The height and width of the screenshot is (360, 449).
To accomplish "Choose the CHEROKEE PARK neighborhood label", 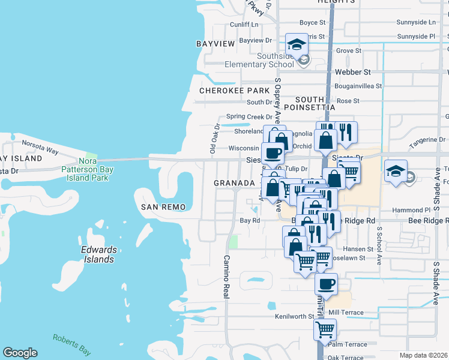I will point(235,91).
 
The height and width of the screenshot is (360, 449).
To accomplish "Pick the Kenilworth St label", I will point(295,316).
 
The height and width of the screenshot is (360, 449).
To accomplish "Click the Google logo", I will point(20,353).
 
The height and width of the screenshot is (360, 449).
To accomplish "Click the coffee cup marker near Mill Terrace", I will point(326,284).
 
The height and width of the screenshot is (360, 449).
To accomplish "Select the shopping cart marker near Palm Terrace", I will point(325,329).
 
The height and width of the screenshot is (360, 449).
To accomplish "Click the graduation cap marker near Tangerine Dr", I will point(396,171).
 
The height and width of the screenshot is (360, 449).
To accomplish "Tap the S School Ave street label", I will point(379,246).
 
